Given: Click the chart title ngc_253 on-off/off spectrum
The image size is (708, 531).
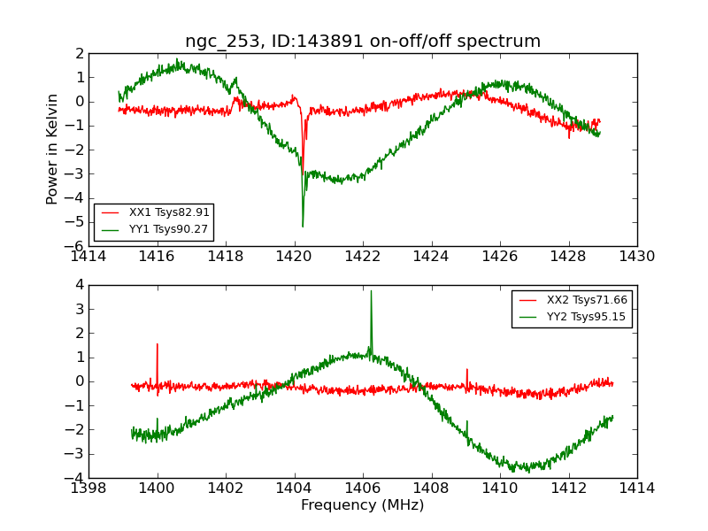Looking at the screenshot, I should click(x=362, y=42).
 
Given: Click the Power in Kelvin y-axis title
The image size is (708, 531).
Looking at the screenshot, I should click(x=53, y=149).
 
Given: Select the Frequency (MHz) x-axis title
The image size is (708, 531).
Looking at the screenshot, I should click(x=362, y=505).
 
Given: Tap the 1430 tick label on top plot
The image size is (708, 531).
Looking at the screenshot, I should click(x=636, y=257).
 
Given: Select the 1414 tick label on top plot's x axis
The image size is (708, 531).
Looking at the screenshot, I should click(x=89, y=257).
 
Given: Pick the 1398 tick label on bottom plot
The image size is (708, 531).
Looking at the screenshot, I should click(x=89, y=488).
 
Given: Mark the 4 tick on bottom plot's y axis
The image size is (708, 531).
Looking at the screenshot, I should click(x=79, y=285).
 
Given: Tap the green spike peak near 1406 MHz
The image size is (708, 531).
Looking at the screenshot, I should click(x=371, y=291).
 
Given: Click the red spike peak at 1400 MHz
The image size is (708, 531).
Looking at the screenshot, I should click(x=158, y=344).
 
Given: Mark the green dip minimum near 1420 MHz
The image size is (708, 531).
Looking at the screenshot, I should click(x=303, y=227).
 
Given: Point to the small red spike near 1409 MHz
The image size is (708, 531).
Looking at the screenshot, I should click(x=467, y=370).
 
